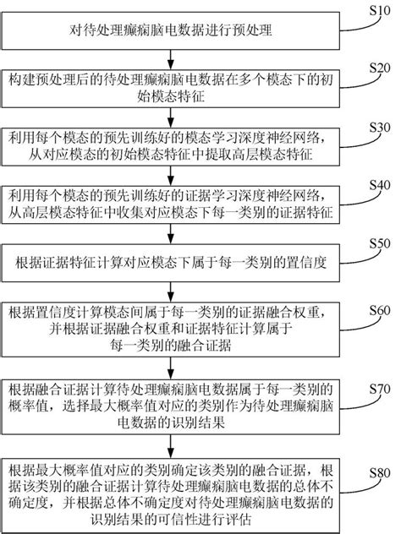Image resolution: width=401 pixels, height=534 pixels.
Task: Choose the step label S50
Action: click(x=382, y=242)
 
